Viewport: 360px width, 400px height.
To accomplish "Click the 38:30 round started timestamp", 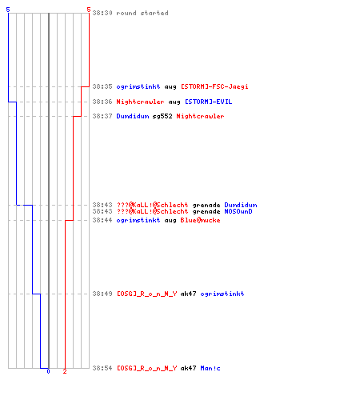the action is click(x=102, y=13).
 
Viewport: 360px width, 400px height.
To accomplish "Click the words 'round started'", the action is click(x=142, y=13).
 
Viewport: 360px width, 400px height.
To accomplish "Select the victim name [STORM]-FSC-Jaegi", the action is click(x=214, y=86).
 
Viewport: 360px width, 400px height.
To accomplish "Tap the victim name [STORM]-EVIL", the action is click(x=209, y=102).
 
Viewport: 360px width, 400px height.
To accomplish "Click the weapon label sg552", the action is click(x=162, y=116).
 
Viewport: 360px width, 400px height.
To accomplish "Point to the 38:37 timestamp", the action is click(x=102, y=116).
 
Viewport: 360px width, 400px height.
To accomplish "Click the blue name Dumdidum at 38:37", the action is click(x=133, y=116).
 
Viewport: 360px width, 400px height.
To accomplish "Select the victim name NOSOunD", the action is click(x=238, y=211).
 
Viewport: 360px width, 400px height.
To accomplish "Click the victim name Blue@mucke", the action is click(x=200, y=220).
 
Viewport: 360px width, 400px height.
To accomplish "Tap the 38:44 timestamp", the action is click(x=102, y=220).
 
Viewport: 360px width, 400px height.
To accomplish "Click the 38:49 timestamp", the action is click(x=102, y=294).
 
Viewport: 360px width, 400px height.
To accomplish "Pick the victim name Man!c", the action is click(x=210, y=368).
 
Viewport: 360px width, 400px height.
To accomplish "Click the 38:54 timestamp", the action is click(x=102, y=368).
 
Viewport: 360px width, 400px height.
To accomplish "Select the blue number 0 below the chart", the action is click(x=48, y=371).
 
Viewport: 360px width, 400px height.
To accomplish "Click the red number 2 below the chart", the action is click(x=65, y=371).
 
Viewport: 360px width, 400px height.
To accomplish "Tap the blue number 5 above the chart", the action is click(x=8, y=10).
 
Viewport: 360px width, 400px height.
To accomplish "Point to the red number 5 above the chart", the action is click(x=89, y=10).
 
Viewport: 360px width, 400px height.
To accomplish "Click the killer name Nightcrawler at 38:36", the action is click(x=140, y=102).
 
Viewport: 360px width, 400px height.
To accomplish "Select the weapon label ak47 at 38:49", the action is click(x=189, y=294).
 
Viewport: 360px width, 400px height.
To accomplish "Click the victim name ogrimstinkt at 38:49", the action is click(x=222, y=294).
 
